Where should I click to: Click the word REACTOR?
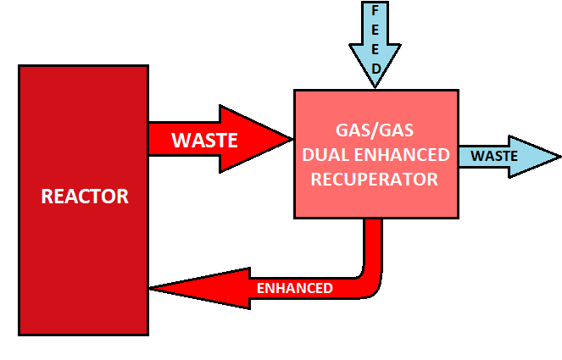85,197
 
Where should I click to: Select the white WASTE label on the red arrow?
204,140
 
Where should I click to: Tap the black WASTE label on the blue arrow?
494,156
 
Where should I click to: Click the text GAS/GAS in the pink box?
375,132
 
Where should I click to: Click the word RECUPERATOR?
375,180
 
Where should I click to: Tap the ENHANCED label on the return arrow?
294,288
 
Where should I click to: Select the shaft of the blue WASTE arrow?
483,156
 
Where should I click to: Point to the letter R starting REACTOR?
47,197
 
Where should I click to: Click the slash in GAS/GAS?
375,132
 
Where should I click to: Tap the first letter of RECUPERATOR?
317,180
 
